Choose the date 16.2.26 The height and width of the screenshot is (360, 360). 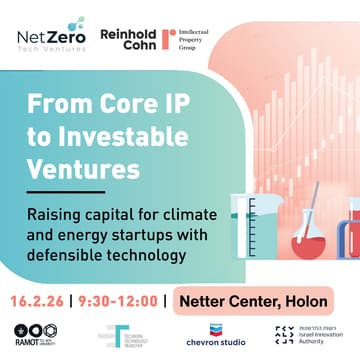click(42, 299)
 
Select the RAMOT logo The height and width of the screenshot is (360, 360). click(32, 336)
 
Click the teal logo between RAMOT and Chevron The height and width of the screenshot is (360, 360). click(124, 336)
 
